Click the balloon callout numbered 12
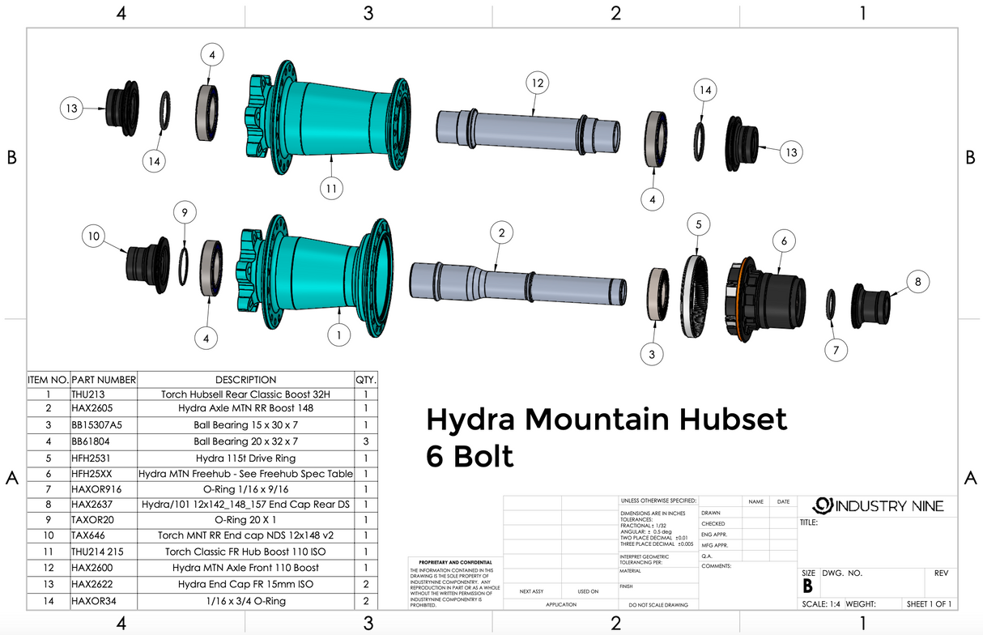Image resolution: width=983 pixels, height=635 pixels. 536,83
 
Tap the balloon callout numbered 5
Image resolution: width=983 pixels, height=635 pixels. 698,224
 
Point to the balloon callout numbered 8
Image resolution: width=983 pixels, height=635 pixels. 917,282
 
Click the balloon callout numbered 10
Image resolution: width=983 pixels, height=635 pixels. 94,237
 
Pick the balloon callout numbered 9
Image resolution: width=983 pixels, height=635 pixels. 185,212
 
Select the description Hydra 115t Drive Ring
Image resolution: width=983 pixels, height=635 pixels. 245,458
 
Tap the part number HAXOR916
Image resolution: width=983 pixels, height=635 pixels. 93,490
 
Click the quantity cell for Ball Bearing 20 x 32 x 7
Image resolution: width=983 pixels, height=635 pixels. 365,441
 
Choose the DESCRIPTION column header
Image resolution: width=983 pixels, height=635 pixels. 245,379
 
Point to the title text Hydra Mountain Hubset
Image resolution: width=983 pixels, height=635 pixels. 606,420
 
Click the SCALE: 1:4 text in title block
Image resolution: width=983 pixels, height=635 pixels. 821,603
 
